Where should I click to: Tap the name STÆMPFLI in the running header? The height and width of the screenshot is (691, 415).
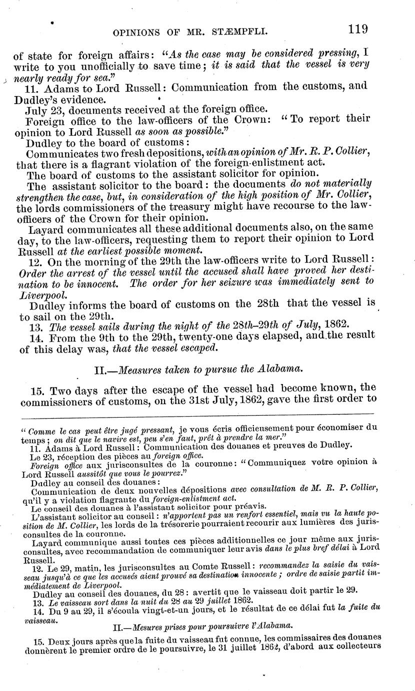point(243,33)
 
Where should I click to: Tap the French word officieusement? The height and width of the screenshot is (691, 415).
point(252,429)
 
